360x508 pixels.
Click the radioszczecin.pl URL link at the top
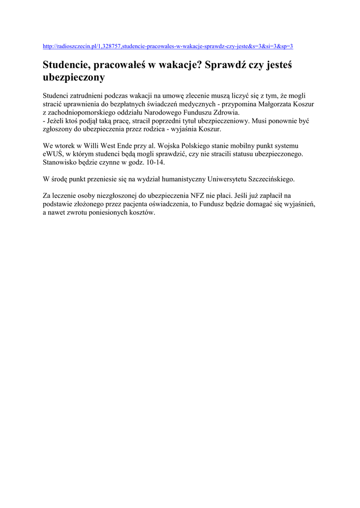168,46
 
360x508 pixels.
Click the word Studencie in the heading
67,65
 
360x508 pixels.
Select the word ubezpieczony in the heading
74,77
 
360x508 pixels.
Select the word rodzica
168,129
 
